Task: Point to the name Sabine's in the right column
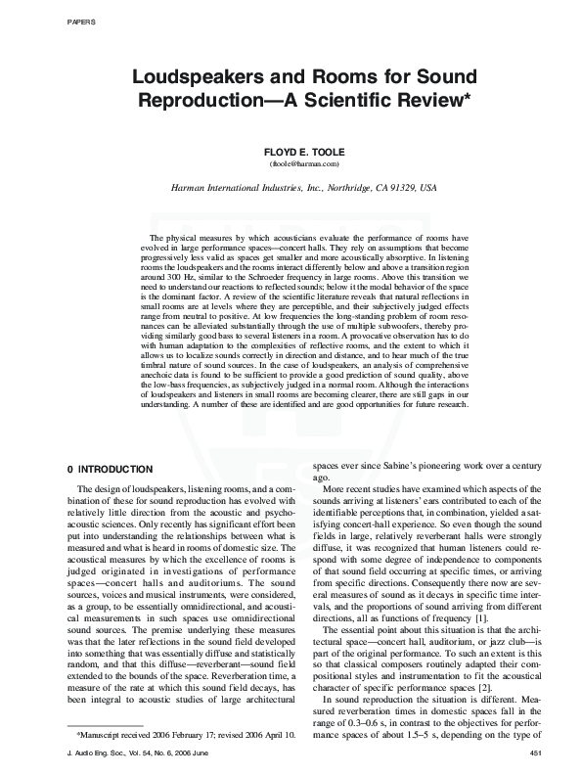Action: tap(393, 469)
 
